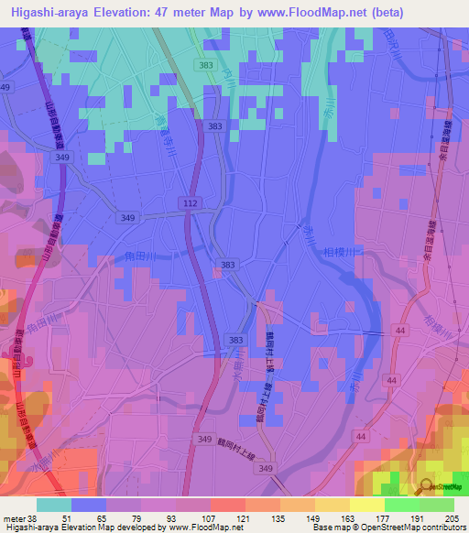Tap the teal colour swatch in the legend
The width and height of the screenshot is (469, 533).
(54, 505)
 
